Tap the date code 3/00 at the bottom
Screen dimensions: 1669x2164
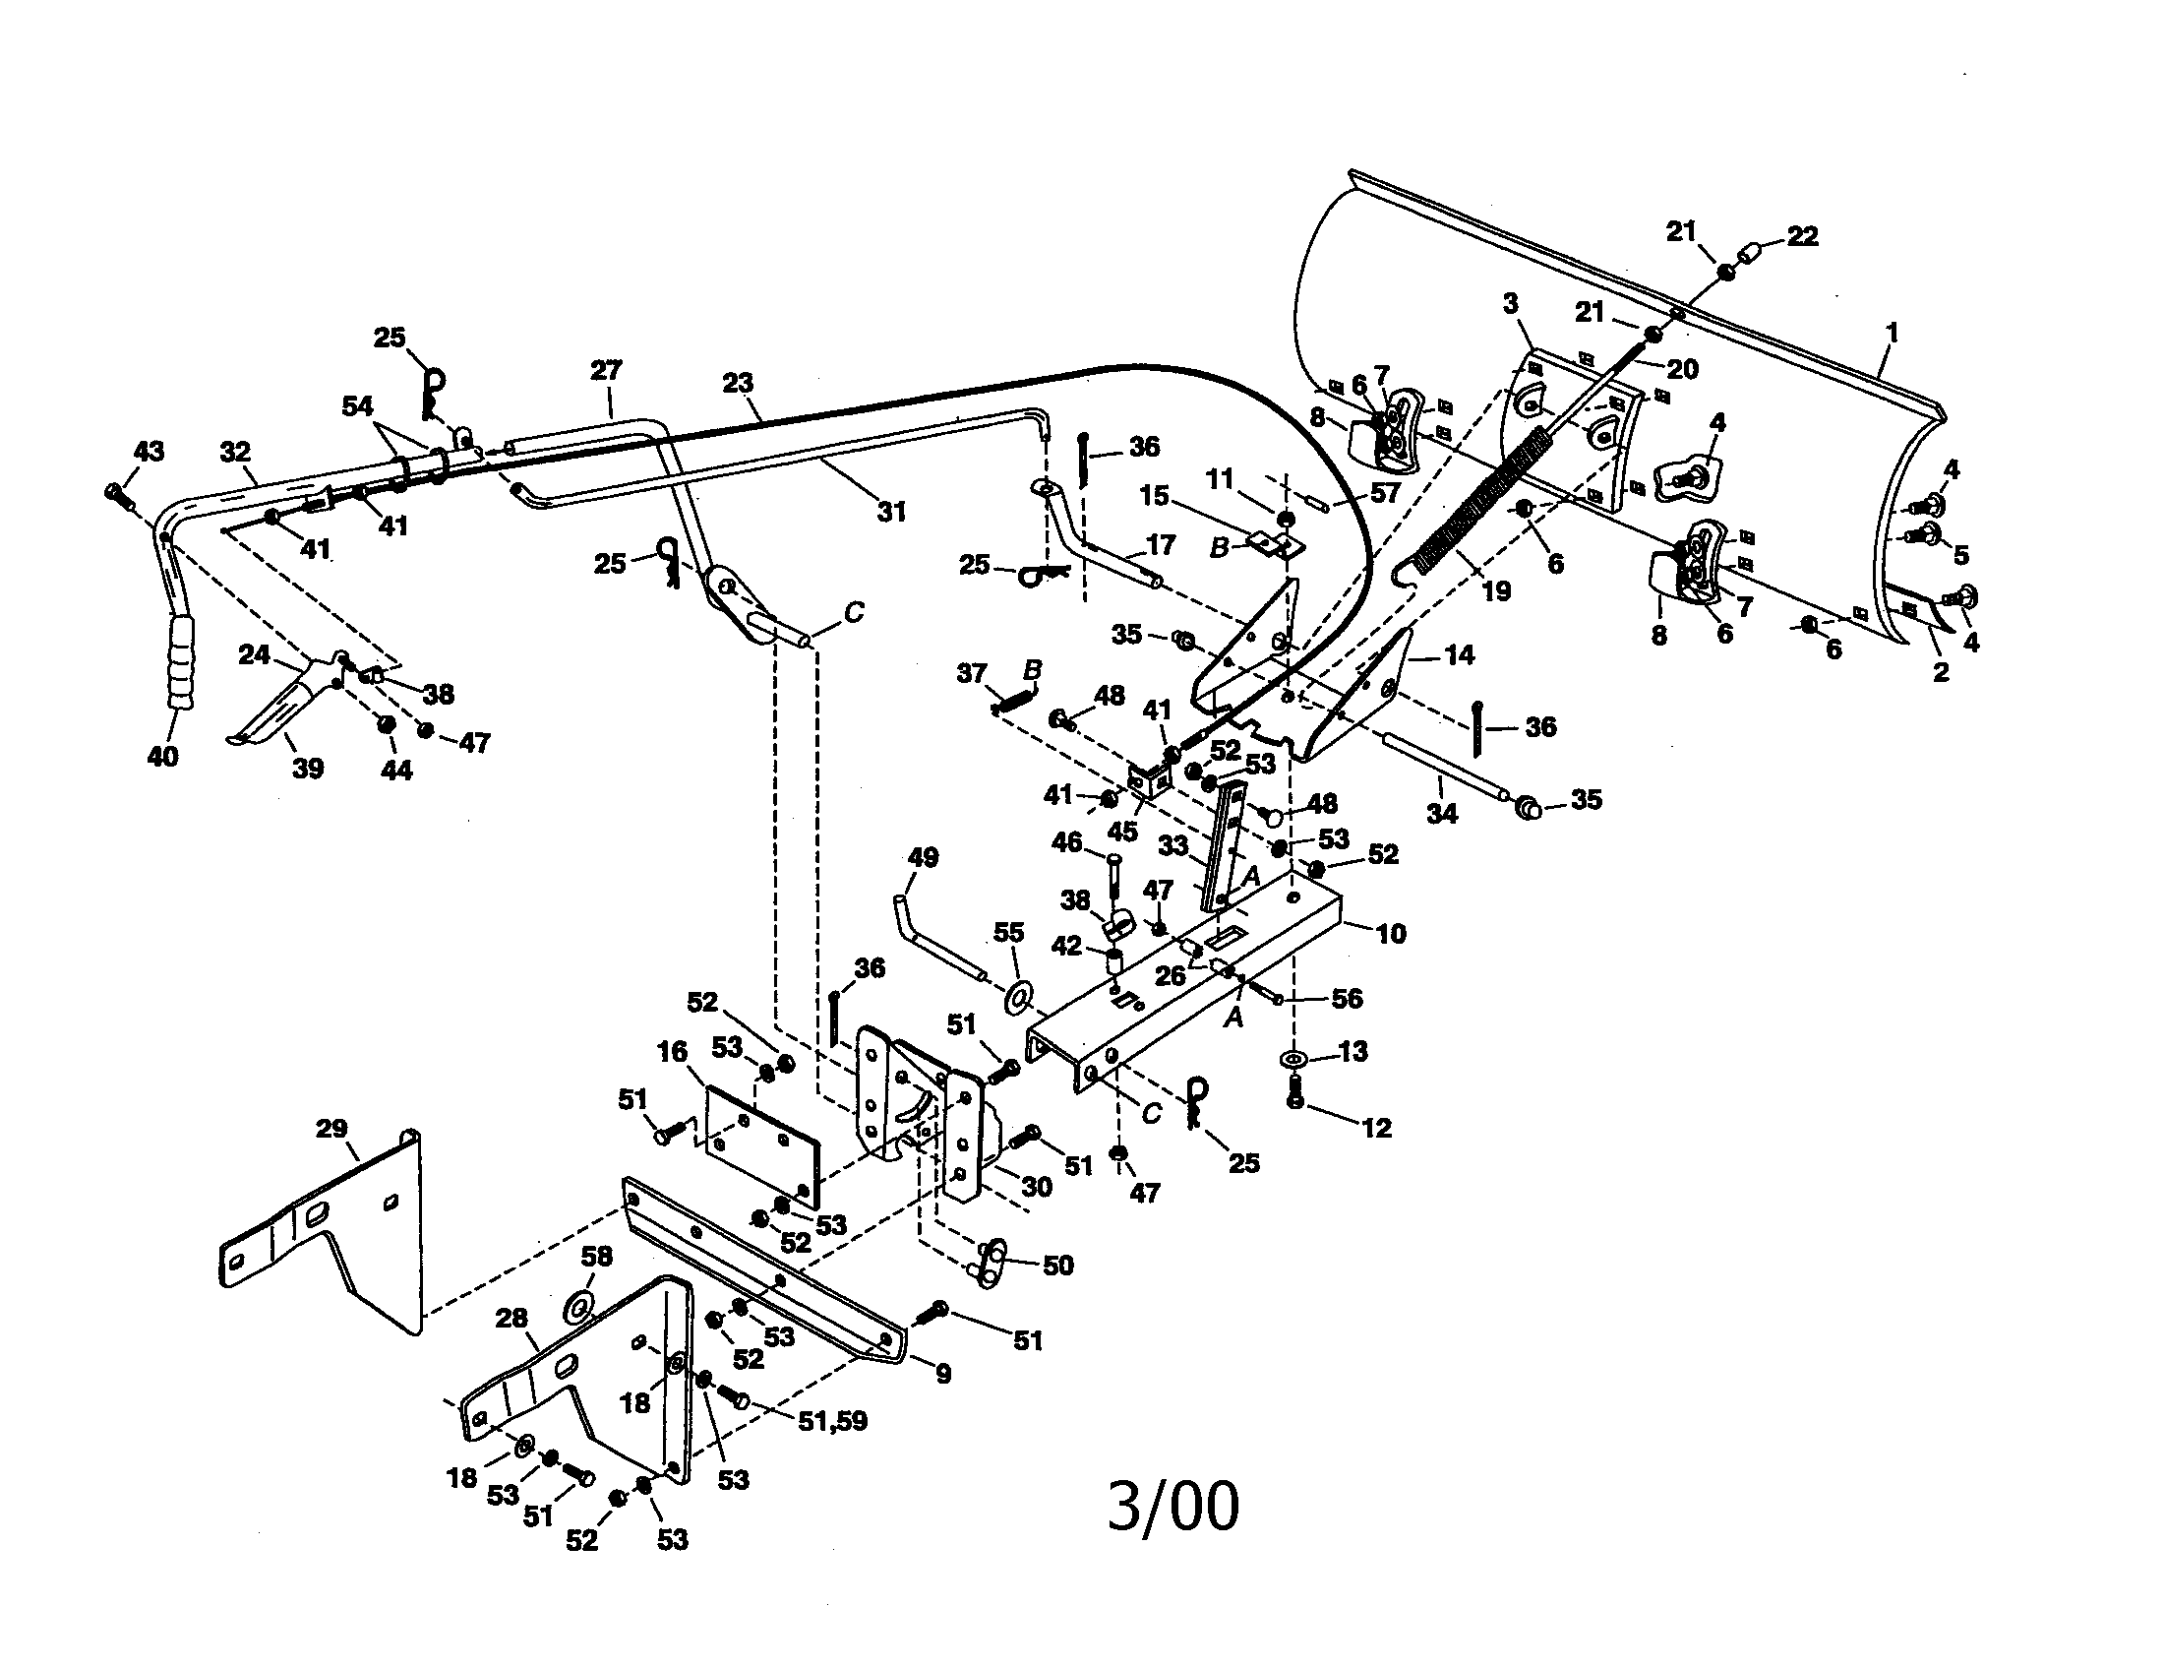coord(1172,1508)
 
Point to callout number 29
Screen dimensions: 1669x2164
coord(331,1129)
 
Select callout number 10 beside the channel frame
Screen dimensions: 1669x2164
coord(1391,934)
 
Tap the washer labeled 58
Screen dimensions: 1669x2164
coord(579,1306)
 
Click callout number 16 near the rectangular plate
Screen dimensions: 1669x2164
coord(673,1053)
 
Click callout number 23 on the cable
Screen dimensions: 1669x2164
coord(737,383)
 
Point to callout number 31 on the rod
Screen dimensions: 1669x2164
coord(892,512)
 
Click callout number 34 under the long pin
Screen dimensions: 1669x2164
coord(1442,814)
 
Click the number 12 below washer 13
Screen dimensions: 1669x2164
coord(1376,1128)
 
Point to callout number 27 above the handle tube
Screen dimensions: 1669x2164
coord(605,371)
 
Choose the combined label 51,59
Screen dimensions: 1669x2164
coord(832,1421)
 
